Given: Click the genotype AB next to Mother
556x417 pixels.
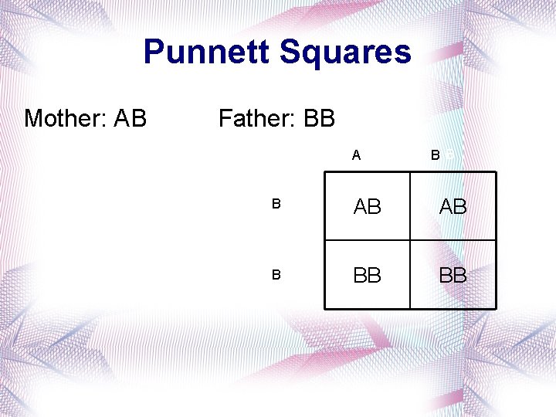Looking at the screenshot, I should coord(130,119).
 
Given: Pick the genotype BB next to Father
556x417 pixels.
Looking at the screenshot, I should coord(319,119).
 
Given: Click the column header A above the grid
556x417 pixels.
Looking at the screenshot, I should coord(356,155).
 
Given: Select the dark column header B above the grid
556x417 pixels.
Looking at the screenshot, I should coord(436,155).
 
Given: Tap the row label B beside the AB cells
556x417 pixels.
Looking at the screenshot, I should coord(276,205).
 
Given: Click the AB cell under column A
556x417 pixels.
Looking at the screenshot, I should coord(368,207).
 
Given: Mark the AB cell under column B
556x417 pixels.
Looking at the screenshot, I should coord(453,207).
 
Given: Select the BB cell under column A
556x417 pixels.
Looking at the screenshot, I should coord(368,276).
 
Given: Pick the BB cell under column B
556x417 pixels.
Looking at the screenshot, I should coord(453,276).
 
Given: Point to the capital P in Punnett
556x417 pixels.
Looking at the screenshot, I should coord(154,53).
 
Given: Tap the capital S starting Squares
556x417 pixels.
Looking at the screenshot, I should coord(290,53).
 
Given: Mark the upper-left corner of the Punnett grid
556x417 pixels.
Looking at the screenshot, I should coord(325,172).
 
